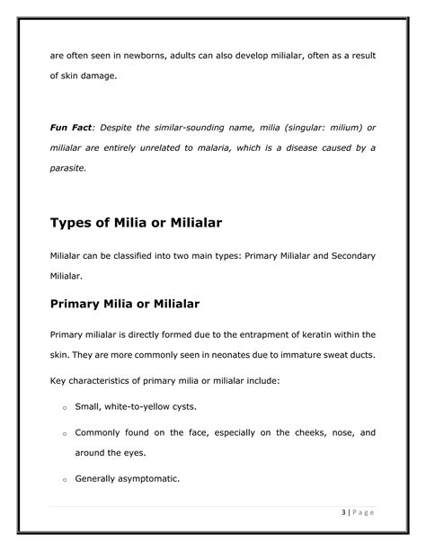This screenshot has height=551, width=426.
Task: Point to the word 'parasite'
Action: [69, 166]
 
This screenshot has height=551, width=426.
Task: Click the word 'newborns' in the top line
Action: [146, 56]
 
